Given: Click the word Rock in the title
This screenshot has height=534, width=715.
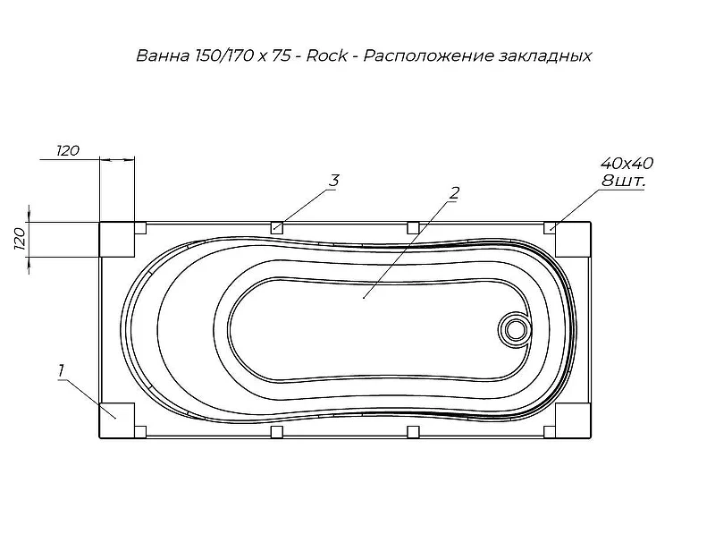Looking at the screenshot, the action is pyautogui.click(x=326, y=55).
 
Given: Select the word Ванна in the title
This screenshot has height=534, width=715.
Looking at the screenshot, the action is pyautogui.click(x=163, y=55).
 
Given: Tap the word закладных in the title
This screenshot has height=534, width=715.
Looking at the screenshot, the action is pyautogui.click(x=545, y=56).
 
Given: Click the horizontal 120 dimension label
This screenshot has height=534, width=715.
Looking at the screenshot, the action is pyautogui.click(x=68, y=150).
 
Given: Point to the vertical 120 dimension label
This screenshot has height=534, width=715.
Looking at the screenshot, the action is pyautogui.click(x=20, y=239).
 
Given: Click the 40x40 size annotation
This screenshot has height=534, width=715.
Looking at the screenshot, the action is pyautogui.click(x=627, y=164).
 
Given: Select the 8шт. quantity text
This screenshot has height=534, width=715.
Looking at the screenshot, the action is pyautogui.click(x=623, y=182).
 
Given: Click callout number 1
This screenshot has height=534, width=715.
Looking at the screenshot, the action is pyautogui.click(x=61, y=370).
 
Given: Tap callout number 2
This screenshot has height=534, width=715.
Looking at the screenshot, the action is pyautogui.click(x=454, y=193).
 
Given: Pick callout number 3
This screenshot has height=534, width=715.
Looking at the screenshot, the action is pyautogui.click(x=334, y=181).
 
